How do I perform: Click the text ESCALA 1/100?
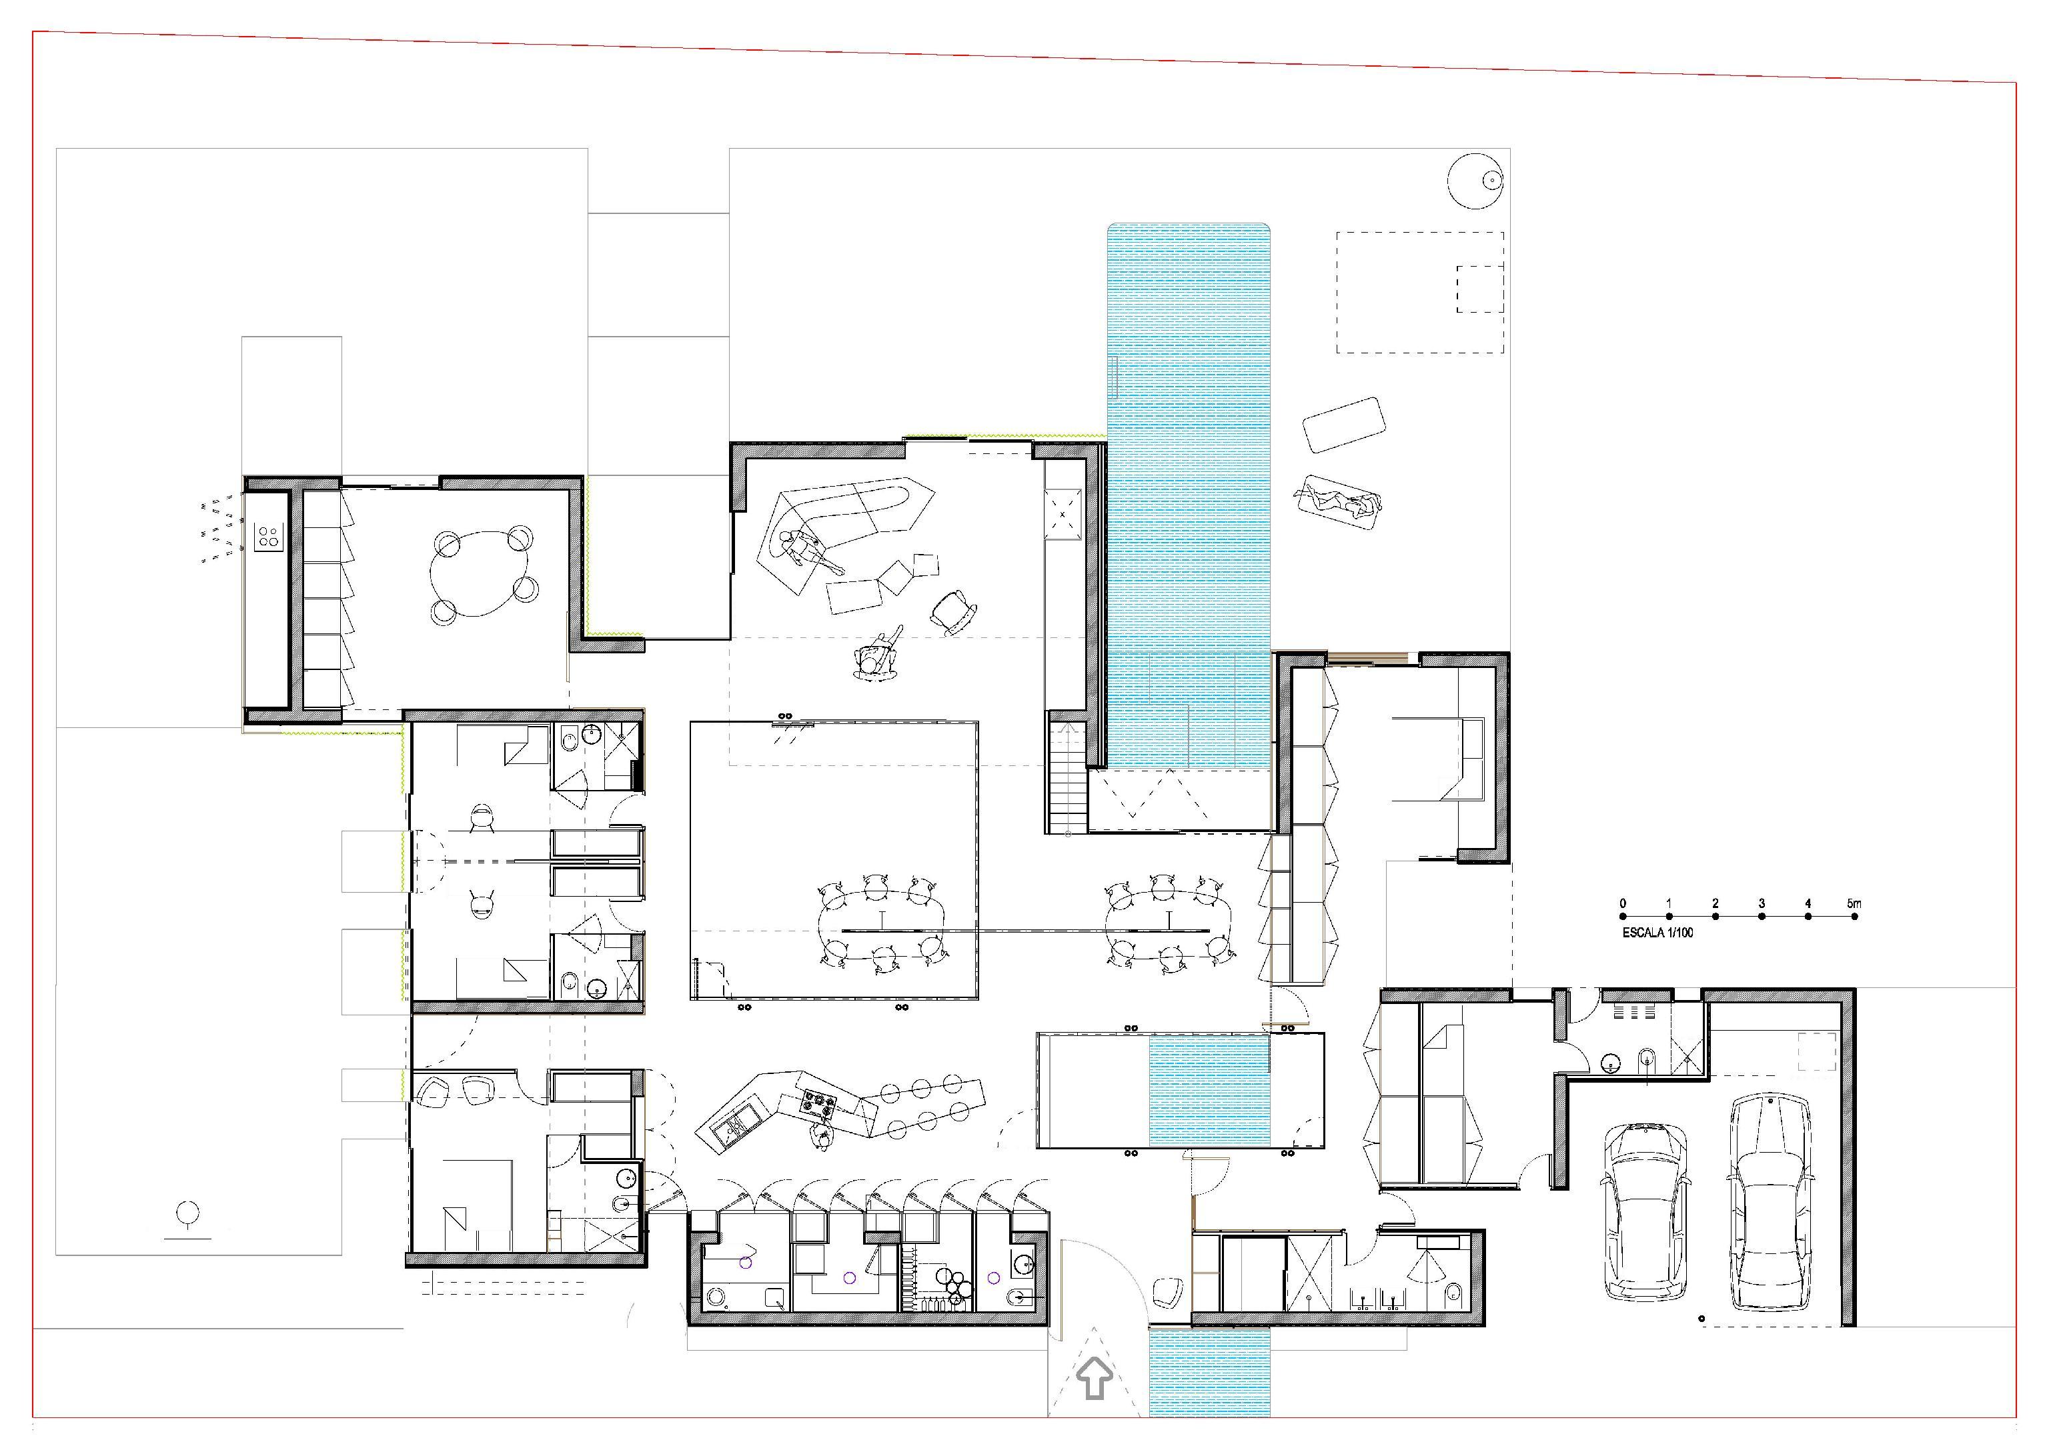pyautogui.click(x=1657, y=933)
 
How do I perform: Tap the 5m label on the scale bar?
pyautogui.click(x=1854, y=904)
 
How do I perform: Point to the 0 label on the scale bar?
pyautogui.click(x=1622, y=904)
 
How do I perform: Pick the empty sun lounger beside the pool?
pyautogui.click(x=1344, y=425)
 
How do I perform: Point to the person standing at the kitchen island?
pyautogui.click(x=821, y=1137)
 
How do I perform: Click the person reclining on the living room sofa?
pyautogui.click(x=808, y=554)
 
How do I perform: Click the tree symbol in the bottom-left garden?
pyautogui.click(x=187, y=1219)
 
